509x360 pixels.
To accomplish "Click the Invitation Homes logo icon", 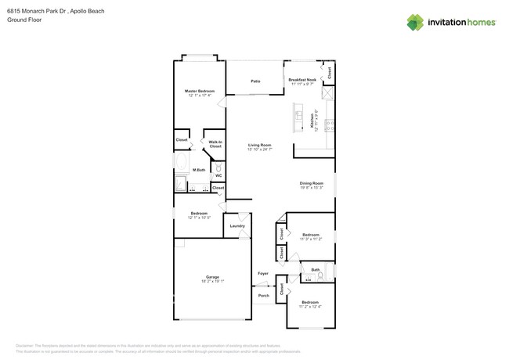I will (x=415, y=22).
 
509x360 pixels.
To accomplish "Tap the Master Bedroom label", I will (x=200, y=92).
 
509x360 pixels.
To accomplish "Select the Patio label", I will (x=255, y=81).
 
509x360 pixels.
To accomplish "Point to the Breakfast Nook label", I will (x=302, y=80).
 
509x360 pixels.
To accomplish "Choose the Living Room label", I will (x=260, y=145).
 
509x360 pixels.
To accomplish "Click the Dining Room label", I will (x=311, y=183).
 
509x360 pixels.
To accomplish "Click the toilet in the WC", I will (x=218, y=167).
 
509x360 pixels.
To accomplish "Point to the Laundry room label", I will (x=237, y=226).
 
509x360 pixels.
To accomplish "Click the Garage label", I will (x=212, y=277).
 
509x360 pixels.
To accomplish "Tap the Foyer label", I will (x=263, y=273).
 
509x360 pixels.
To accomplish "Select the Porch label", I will (x=263, y=296).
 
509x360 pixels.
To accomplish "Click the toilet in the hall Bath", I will (x=320, y=276).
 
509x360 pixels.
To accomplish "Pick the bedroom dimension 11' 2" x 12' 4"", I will (x=310, y=306).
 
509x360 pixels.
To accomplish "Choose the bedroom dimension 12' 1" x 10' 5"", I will (x=199, y=218).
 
